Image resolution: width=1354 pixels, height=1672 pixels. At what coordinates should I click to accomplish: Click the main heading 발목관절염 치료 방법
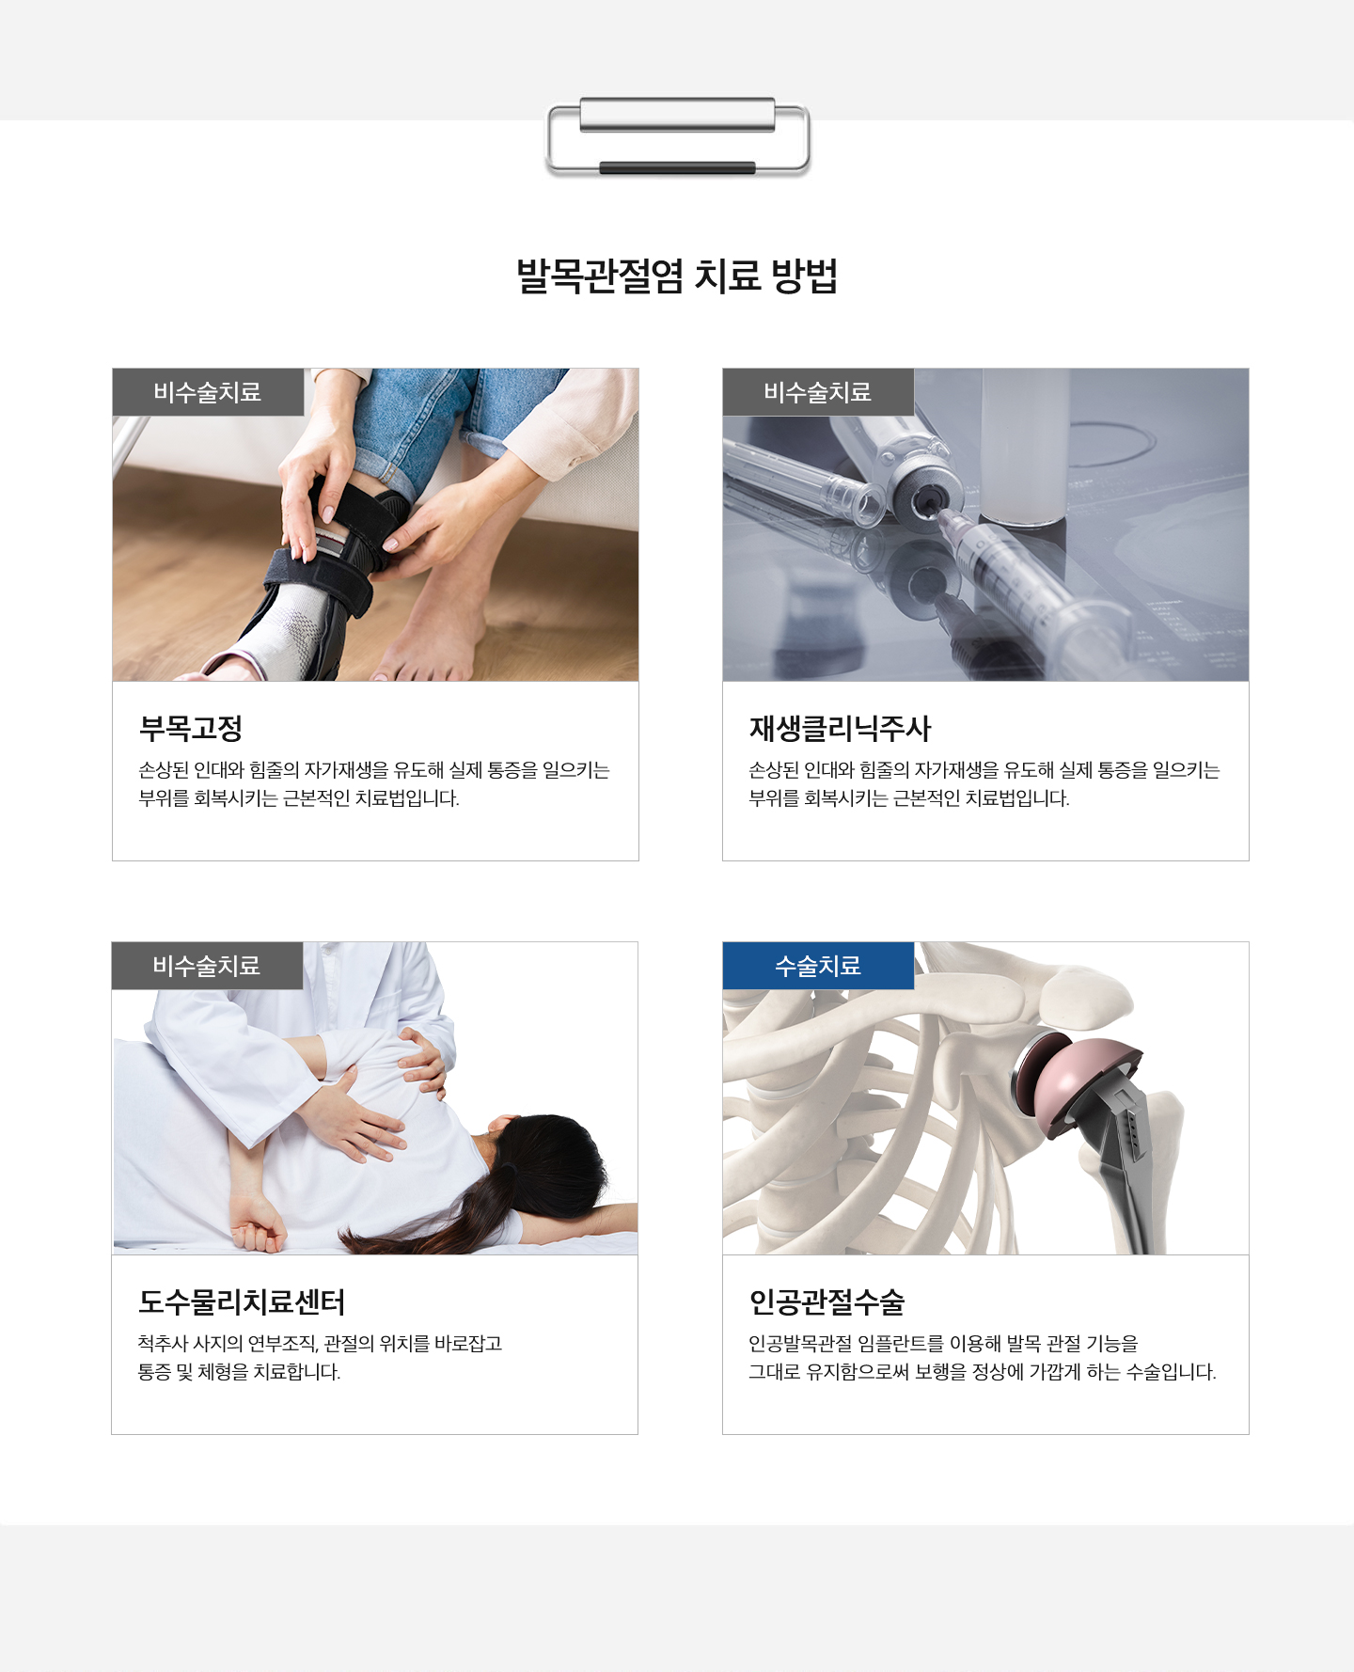coord(677,276)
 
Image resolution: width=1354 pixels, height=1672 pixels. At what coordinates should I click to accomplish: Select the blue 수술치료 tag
coord(818,966)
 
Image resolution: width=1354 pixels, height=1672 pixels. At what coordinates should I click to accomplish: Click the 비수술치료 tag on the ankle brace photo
coord(208,392)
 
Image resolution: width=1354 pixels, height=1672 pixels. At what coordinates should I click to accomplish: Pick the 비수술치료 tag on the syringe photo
coord(818,392)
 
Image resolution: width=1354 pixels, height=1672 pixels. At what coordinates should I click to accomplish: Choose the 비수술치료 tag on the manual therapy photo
coord(207,966)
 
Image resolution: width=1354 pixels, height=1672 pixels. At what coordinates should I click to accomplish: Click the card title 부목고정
coord(191,728)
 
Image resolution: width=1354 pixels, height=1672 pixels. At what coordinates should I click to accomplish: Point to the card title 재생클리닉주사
coord(840,728)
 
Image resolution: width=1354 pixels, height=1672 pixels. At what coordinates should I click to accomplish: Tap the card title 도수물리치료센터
coord(242,1301)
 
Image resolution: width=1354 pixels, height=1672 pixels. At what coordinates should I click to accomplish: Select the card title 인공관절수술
coord(827,1301)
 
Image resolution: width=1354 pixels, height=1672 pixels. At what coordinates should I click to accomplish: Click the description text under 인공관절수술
coord(983,1358)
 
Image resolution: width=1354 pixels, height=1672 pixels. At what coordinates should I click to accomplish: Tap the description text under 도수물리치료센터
coord(320,1358)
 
